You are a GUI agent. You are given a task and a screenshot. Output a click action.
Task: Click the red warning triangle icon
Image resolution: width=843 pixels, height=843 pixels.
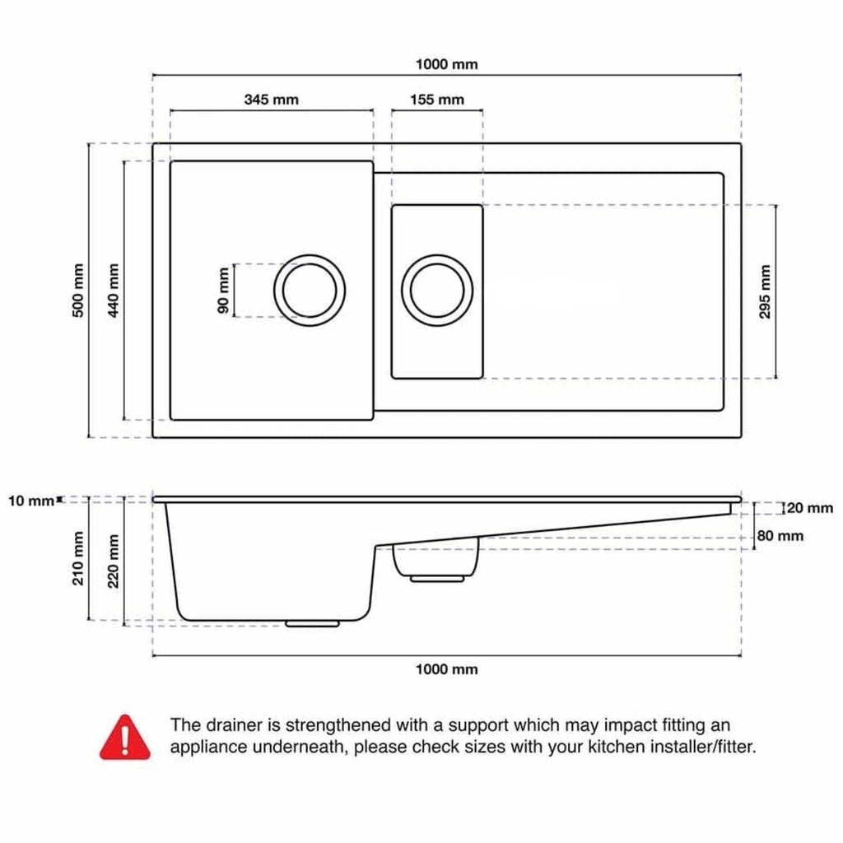(125, 738)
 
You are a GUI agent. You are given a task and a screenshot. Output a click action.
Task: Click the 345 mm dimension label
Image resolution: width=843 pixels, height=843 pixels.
(271, 100)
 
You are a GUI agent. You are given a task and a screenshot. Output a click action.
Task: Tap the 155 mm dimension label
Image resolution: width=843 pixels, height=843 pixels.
(436, 100)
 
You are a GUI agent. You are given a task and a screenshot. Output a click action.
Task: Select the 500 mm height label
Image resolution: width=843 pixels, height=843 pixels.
(78, 291)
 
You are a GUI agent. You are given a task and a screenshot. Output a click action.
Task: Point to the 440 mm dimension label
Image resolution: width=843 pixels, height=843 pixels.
(114, 291)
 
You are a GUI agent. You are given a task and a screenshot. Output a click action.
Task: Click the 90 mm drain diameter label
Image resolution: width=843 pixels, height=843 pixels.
(223, 291)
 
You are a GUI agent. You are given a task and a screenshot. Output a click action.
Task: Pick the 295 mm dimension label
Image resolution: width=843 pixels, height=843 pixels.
(765, 291)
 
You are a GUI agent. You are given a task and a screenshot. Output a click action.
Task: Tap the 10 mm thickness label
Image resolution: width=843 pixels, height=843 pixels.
(31, 501)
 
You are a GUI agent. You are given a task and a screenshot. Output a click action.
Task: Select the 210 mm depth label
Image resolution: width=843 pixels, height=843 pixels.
(78, 558)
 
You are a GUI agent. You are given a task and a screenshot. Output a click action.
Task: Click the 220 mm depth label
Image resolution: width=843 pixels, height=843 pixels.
(114, 561)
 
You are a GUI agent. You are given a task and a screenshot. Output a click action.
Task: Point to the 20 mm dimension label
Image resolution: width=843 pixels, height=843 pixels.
(810, 508)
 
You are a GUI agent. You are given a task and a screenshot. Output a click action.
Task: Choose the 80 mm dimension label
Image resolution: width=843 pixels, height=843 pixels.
(780, 536)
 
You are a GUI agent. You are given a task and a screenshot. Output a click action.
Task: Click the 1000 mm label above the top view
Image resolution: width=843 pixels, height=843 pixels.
(446, 64)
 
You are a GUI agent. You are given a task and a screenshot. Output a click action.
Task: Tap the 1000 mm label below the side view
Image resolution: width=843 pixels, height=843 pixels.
(446, 669)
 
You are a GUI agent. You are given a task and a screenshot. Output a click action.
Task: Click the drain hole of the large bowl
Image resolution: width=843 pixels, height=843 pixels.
(310, 291)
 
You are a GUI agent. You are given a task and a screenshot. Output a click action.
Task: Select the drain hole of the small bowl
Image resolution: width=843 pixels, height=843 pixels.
(437, 291)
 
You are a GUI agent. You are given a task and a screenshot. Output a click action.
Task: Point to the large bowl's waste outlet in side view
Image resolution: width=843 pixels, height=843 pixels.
(312, 624)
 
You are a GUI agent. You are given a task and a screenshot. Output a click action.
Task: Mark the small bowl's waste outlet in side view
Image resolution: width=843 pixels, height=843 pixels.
(436, 579)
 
